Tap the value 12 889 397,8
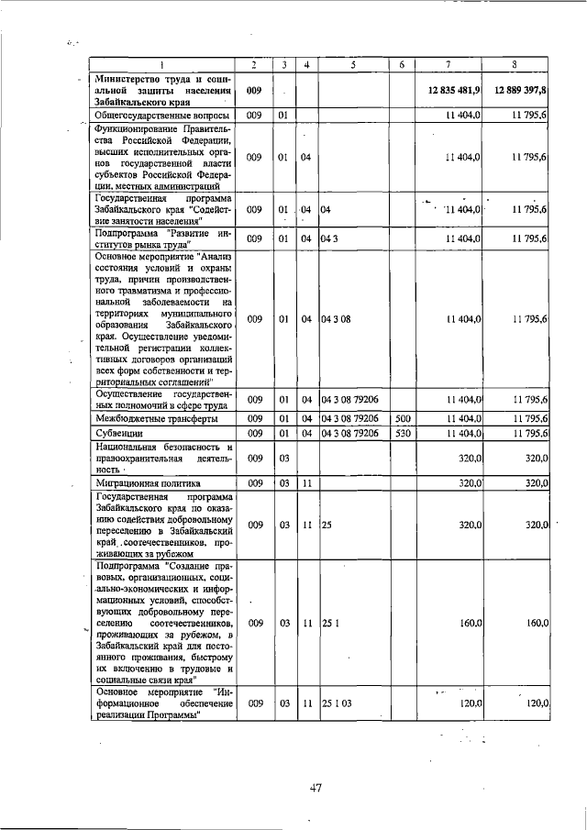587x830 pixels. (520, 91)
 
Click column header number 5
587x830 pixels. (353, 64)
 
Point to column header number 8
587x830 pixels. (516, 64)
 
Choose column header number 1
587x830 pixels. (162, 64)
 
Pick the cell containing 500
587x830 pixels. (402, 418)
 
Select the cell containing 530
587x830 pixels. (402, 433)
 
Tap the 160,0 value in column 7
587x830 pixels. (470, 623)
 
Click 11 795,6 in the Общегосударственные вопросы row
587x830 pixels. (530, 116)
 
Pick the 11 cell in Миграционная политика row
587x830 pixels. (307, 482)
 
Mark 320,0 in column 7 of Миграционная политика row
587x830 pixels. (470, 482)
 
